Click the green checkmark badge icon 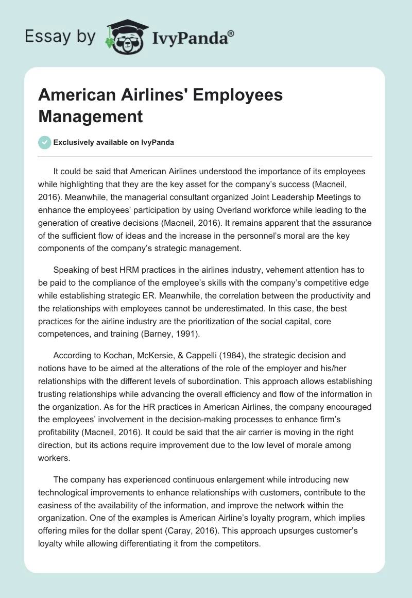point(45,142)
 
